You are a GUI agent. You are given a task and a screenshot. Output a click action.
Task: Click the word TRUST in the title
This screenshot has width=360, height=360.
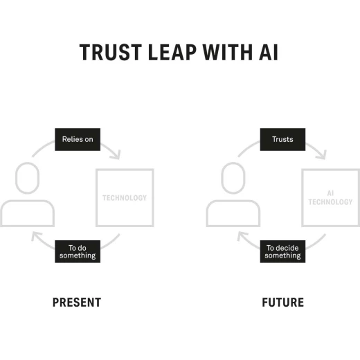[111, 53]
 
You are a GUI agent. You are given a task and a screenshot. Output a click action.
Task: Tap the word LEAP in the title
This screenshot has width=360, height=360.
[172, 53]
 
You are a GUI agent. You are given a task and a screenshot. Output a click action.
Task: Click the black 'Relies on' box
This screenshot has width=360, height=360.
[78, 139]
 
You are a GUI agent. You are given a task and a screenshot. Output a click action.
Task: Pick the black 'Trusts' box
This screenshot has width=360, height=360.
[282, 139]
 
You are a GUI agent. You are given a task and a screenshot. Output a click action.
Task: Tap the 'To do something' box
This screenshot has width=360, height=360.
[78, 251]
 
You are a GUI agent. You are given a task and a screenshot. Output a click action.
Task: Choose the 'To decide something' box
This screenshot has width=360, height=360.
[282, 251]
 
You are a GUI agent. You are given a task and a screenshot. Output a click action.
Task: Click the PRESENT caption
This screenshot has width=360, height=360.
[77, 303]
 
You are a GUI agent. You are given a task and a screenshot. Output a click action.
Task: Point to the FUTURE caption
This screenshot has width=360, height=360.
[283, 303]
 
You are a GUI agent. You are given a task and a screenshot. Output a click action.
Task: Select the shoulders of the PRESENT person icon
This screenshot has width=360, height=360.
[28, 201]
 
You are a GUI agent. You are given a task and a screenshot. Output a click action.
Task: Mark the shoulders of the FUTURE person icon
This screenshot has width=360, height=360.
[233, 201]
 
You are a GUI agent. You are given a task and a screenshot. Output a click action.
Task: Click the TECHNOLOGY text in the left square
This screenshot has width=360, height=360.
[125, 198]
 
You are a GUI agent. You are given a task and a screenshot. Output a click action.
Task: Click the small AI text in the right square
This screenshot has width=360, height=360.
[330, 193]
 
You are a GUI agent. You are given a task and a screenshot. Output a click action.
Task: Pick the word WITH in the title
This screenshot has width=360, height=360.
[228, 53]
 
